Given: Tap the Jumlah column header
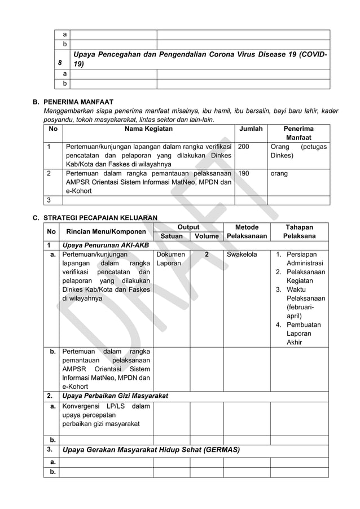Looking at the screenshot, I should pos(251,129).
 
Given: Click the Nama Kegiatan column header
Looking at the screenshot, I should pos(149,129).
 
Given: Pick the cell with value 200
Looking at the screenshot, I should pos(244,146).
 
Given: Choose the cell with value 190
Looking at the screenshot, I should pos(244,174).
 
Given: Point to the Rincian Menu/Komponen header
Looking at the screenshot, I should pos(105,232).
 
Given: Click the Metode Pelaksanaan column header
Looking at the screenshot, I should pos(246,232).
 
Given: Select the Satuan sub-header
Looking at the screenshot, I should pos(172,236).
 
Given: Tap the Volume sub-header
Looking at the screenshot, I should pos(207,236).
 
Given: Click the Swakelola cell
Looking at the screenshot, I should pos(242,255).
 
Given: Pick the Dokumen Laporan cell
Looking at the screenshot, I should pos(169,260).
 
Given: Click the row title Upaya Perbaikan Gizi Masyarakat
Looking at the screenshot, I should pos(115,396).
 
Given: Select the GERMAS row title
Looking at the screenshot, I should pos(151,450).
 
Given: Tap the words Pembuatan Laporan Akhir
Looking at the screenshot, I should pos(304,334).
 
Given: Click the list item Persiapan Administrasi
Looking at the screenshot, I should pos(304,259).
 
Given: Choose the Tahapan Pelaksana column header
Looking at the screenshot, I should pos(299,232).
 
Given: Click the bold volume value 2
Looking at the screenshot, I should pos(207,255).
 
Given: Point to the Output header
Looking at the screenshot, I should pos(188,227).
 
